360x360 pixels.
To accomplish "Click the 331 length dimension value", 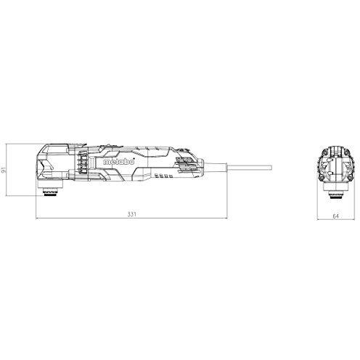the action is click(x=132, y=214).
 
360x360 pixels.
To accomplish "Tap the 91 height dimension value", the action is click(x=4, y=170).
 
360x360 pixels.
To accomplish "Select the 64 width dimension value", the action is click(x=335, y=216).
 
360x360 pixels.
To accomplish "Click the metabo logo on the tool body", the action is click(x=119, y=162).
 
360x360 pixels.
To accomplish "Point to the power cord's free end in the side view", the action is click(x=271, y=168).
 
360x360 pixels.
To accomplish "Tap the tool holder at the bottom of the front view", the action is click(x=335, y=195).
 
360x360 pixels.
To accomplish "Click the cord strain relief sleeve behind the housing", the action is click(x=216, y=168).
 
